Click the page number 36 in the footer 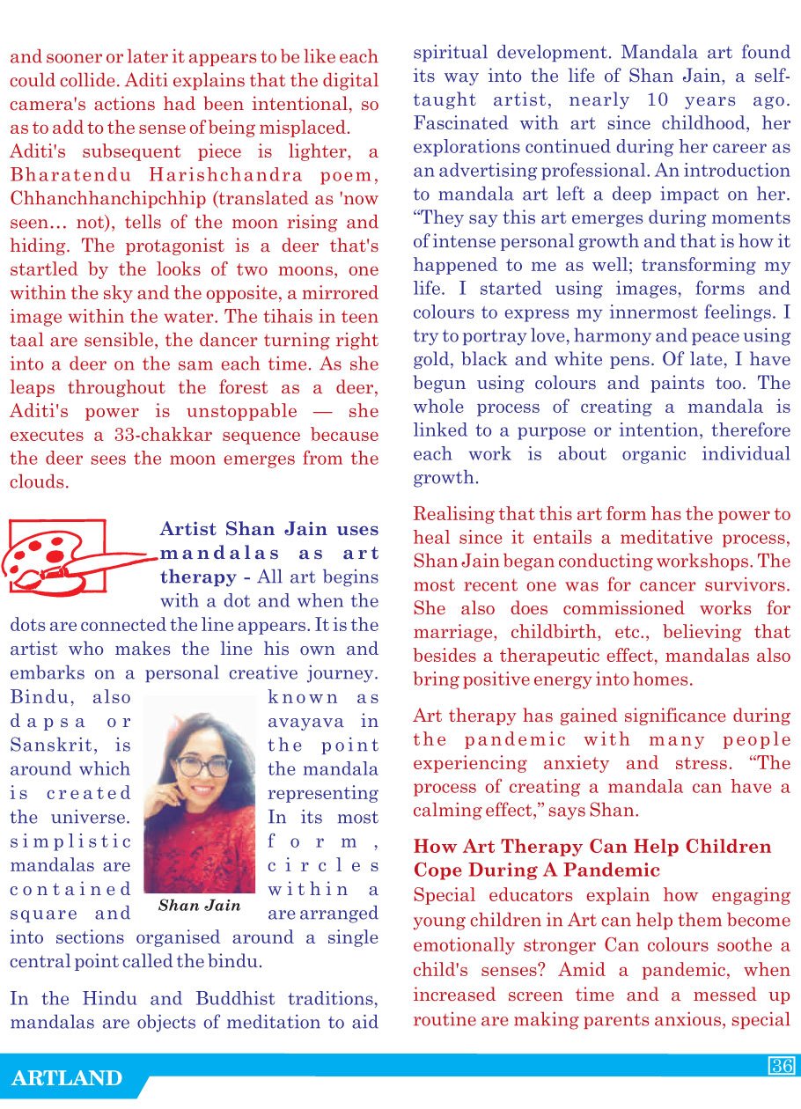coord(782,1066)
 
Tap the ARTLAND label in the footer coord(67,1078)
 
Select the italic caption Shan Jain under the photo coord(199,905)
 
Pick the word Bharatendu coord(62,175)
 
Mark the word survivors coord(748,584)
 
